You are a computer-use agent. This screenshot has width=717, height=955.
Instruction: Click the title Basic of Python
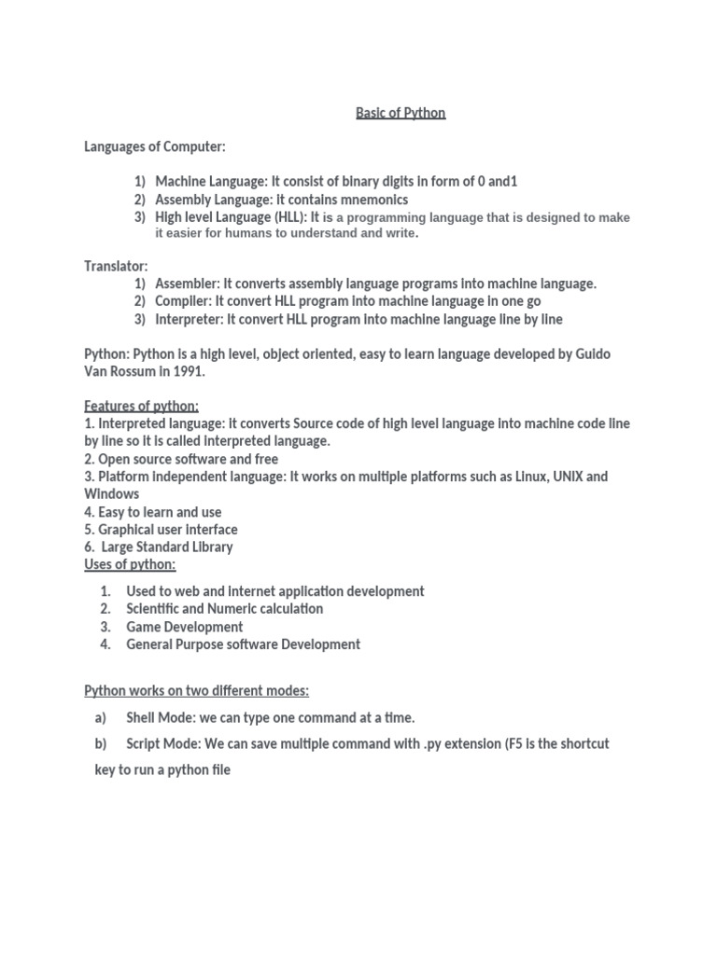coord(401,113)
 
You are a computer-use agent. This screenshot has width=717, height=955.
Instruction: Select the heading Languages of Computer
coord(155,146)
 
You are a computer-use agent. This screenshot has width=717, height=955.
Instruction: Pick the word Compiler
coord(181,301)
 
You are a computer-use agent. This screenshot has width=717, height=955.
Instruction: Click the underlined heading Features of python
coord(142,406)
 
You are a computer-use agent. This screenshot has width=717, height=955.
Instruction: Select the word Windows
coord(112,493)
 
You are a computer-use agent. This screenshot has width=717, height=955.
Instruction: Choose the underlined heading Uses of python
coord(130,564)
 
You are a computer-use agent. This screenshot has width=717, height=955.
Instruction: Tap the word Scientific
coord(159,609)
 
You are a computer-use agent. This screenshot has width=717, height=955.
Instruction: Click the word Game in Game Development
coord(144,627)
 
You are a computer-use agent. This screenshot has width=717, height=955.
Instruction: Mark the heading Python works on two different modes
coord(197,691)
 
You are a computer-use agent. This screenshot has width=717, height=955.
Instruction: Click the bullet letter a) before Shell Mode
coord(101,718)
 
